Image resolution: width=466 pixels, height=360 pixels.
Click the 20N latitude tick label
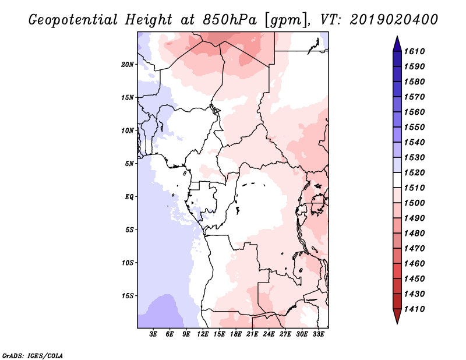point(128,65)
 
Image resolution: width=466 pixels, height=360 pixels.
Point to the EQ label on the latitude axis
point(129,197)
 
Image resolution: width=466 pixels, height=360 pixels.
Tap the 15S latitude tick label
point(128,296)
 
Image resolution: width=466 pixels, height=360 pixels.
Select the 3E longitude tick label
point(153,334)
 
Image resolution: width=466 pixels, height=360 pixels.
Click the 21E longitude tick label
point(252,334)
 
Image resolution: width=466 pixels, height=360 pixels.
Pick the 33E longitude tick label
point(318,334)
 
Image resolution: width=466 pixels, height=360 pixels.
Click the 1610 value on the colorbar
point(415,51)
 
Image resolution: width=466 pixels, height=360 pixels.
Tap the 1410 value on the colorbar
point(415,309)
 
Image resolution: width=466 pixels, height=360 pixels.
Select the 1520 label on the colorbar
point(415,172)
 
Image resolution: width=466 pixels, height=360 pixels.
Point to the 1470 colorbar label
point(415,249)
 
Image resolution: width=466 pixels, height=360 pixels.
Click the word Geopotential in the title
point(73,20)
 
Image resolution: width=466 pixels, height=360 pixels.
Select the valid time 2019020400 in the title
point(394,20)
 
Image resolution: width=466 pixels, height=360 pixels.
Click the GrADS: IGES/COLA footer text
point(33,356)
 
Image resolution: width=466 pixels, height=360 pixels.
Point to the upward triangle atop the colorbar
point(397,44)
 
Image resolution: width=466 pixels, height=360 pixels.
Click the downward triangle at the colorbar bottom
point(397,316)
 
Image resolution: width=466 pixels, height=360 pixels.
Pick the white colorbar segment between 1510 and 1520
point(397,180)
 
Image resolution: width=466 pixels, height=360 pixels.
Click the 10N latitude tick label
point(128,130)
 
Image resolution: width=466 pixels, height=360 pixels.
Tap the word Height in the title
point(149,20)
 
